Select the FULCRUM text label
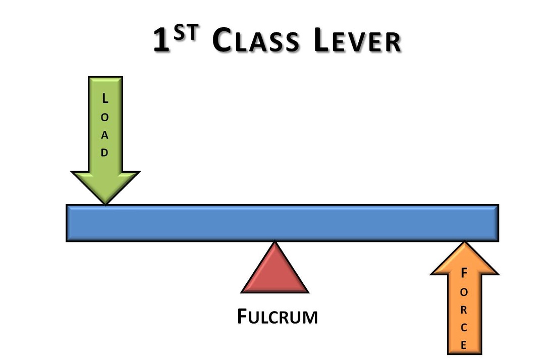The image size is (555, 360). (277, 317)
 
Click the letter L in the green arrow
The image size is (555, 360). (104, 99)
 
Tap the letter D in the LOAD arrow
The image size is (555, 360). (104, 153)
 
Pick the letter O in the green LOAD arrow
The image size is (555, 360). (104, 117)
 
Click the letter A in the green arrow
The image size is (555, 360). (104, 135)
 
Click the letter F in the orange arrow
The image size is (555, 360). (464, 273)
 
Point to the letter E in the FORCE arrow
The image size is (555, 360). (464, 345)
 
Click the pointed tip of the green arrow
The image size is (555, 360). (105, 203)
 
